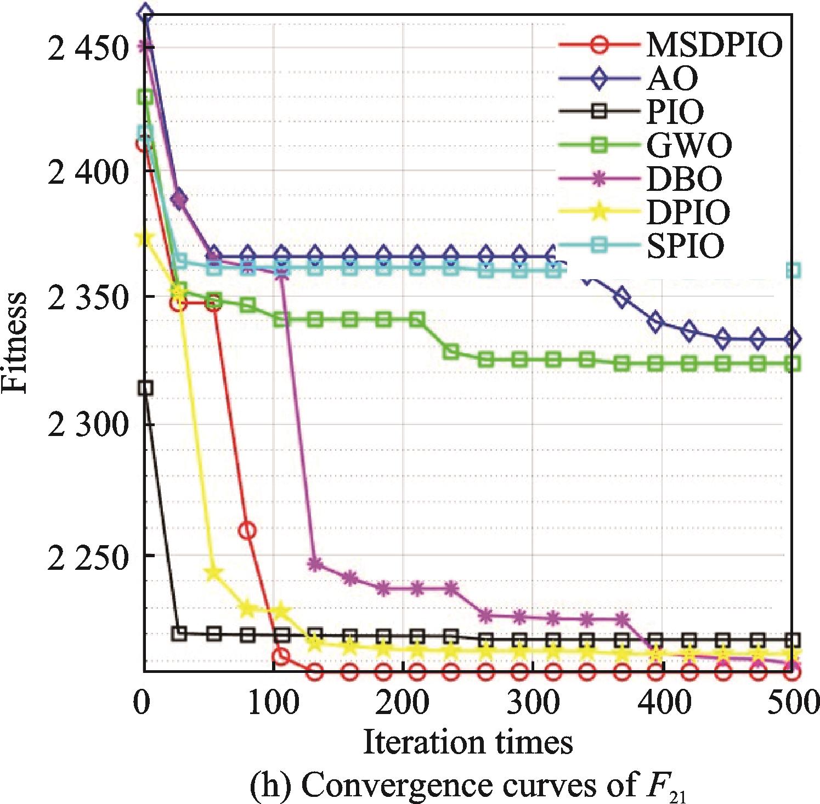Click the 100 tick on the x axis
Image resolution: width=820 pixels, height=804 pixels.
click(x=273, y=703)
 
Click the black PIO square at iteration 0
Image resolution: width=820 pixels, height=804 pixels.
click(x=145, y=388)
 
